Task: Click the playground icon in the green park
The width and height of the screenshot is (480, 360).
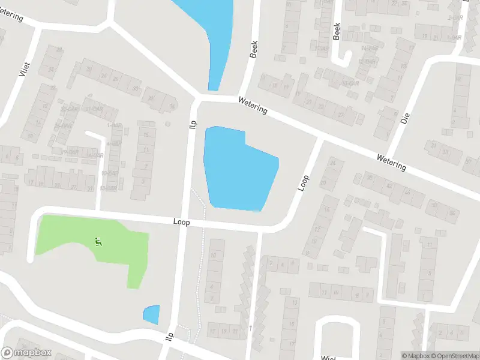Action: point(98,242)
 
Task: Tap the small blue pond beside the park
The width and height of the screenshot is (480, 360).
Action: point(152,314)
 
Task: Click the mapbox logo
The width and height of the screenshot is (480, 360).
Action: point(26,353)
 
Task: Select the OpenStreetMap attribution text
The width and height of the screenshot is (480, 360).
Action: point(454,356)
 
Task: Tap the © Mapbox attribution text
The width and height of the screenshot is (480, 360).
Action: point(415,356)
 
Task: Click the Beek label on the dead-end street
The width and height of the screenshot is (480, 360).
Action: point(337,31)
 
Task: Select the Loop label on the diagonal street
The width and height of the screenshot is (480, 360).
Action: point(303,183)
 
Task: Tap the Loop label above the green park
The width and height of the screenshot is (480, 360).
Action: point(181,222)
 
